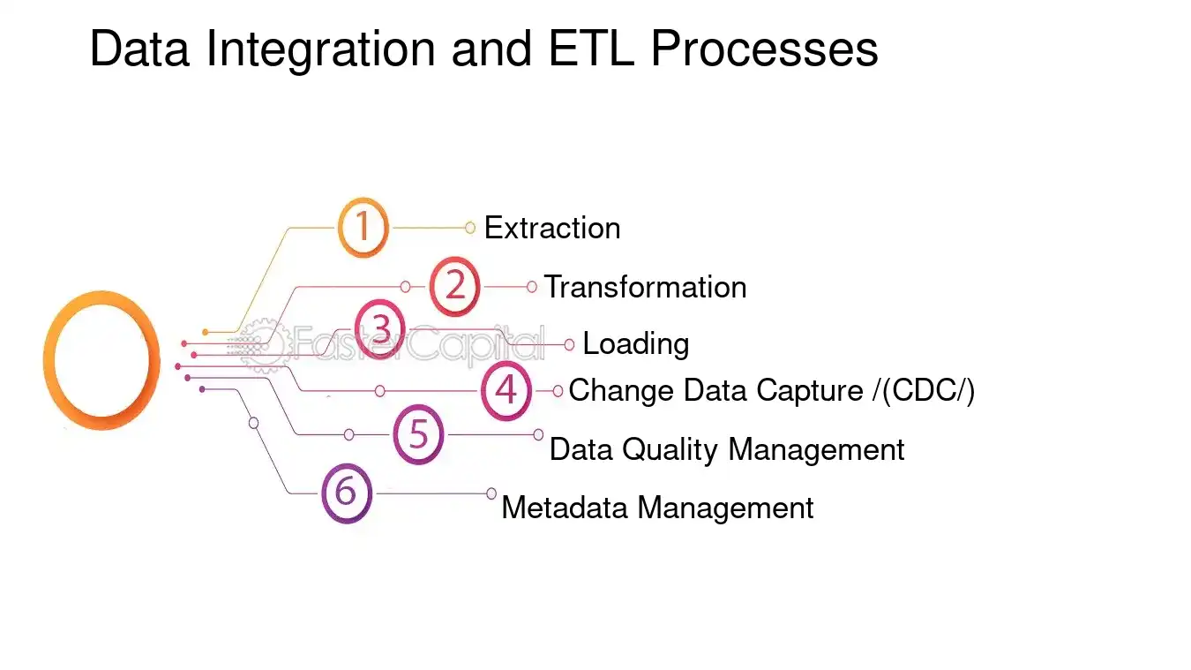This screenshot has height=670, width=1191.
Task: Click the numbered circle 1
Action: pos(363,228)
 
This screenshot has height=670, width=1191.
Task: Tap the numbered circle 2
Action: pos(454,287)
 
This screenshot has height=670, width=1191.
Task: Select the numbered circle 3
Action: pos(380,329)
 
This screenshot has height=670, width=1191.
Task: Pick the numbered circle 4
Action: pos(506,390)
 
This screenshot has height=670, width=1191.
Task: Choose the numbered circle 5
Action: pos(418,434)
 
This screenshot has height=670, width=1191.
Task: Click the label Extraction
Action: pos(552,228)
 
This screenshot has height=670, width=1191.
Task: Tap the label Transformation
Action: pos(645,287)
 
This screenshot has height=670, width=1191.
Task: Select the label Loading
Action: pos(636,343)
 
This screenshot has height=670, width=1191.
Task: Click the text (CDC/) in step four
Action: pos(926,390)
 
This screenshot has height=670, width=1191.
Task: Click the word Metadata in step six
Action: pos(566,508)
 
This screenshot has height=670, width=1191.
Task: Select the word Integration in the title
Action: pos(320,49)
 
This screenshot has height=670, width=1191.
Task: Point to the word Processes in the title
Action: pos(764,49)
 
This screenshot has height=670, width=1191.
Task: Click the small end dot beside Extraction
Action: pos(470,228)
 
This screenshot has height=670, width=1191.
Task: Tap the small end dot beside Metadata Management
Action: pos(491,493)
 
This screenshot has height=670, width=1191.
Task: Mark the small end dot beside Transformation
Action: pos(531,287)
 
